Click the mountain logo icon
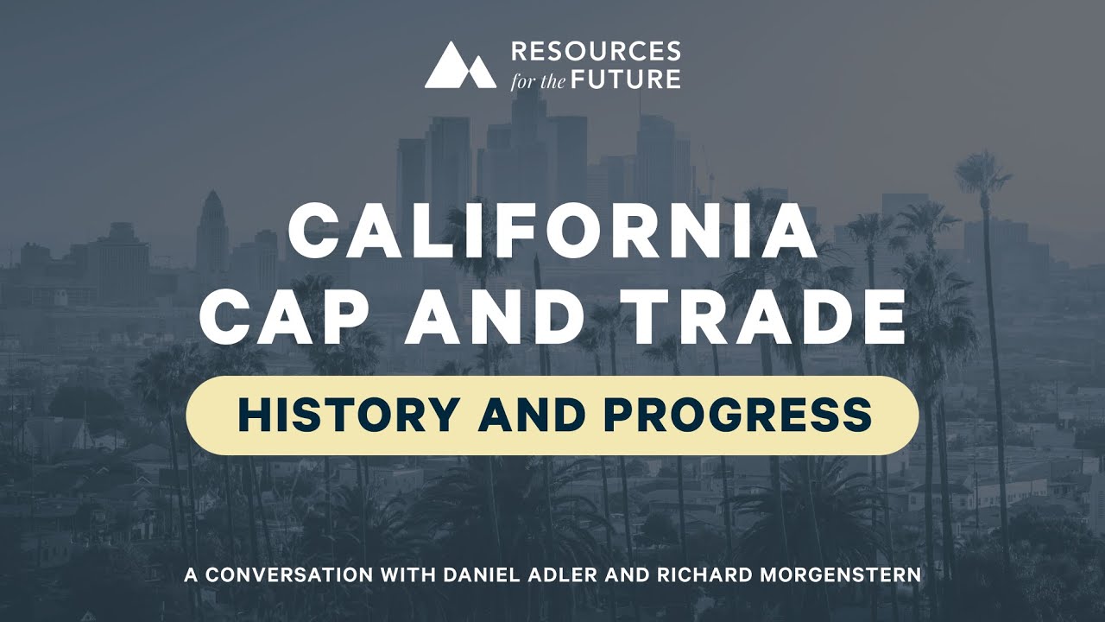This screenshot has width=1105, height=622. (x=460, y=65)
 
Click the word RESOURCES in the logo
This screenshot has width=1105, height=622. (x=596, y=52)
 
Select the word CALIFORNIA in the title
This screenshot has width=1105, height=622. (x=552, y=232)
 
